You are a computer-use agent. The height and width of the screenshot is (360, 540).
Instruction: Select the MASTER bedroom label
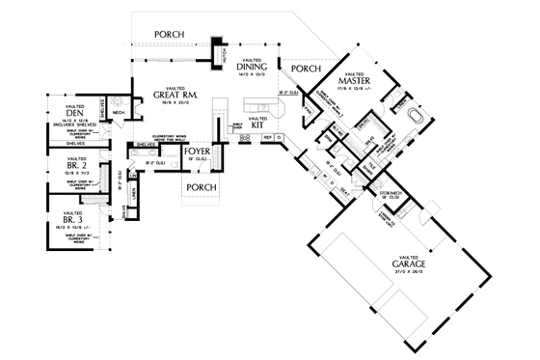(x=354, y=81)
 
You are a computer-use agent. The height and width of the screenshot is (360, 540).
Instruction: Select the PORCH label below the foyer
(x=201, y=186)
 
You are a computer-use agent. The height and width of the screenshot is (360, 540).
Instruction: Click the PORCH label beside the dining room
(x=305, y=69)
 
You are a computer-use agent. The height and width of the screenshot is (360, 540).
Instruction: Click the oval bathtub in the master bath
(x=417, y=118)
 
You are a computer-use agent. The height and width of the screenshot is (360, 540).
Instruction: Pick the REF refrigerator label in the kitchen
(x=268, y=138)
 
